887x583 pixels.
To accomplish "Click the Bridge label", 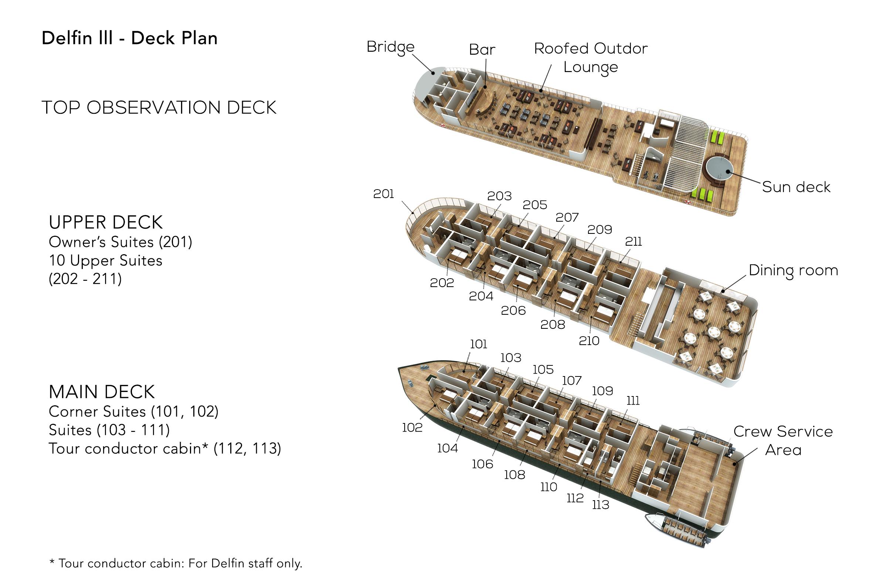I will click(x=390, y=47).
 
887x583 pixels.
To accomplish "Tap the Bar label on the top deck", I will click(x=482, y=50).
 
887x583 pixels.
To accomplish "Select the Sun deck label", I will click(x=796, y=187).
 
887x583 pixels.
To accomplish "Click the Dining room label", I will click(x=793, y=270).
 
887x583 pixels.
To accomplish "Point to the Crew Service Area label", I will click(x=783, y=440).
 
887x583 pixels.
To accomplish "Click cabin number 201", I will click(x=384, y=194).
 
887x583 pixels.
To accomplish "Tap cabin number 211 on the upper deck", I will click(x=633, y=242).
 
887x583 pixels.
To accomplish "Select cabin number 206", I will click(x=513, y=310).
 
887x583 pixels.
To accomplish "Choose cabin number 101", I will click(x=479, y=344).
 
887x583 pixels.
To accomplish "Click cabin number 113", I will click(x=601, y=505).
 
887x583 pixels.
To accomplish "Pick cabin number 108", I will click(x=515, y=475).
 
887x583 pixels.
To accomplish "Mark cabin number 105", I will click(x=543, y=369).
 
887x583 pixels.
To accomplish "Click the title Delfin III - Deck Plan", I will click(x=129, y=38).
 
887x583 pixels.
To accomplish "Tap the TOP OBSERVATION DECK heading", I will click(x=159, y=108).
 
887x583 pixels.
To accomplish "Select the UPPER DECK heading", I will click(x=106, y=222).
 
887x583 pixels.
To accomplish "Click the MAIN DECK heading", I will click(x=102, y=392).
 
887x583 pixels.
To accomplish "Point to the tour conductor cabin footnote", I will click(x=176, y=563).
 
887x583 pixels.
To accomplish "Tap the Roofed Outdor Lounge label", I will click(x=591, y=58).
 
